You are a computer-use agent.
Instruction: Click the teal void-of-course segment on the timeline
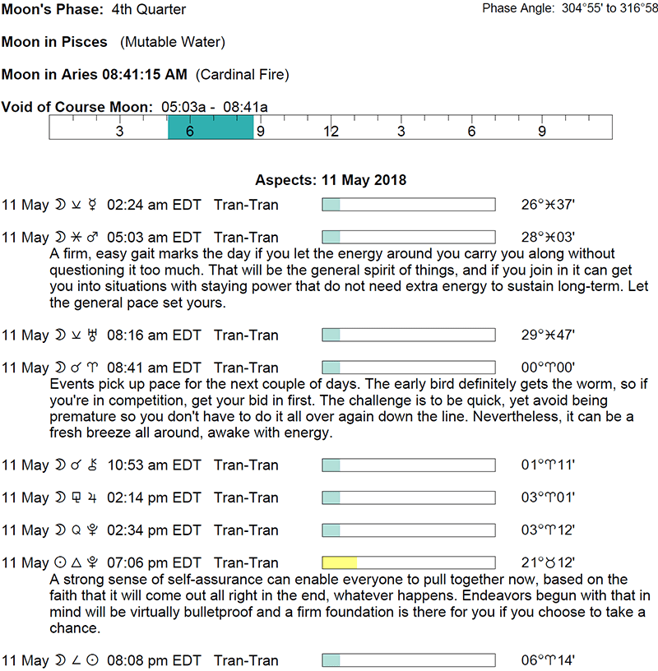pyautogui.click(x=210, y=127)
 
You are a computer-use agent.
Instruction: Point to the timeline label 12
pyautogui.click(x=331, y=132)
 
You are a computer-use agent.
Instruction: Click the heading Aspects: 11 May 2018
pyautogui.click(x=331, y=180)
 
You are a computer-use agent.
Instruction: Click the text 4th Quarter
pyautogui.click(x=149, y=10)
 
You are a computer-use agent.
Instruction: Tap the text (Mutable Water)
pyautogui.click(x=173, y=42)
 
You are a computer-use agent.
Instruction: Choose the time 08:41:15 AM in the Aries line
pyautogui.click(x=144, y=75)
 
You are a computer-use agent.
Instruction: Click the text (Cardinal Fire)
pyautogui.click(x=242, y=75)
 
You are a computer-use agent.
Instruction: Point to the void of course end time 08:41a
pyautogui.click(x=245, y=107)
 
